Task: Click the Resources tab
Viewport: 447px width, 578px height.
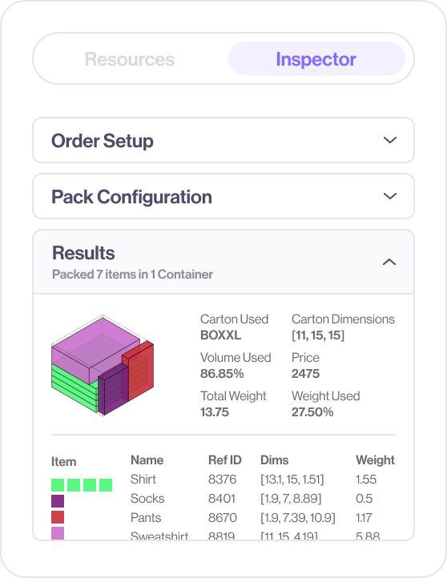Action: coord(129,59)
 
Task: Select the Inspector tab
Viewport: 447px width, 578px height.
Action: coord(316,59)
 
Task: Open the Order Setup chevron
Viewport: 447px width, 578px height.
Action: coord(390,141)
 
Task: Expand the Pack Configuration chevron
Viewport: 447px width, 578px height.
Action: coord(390,196)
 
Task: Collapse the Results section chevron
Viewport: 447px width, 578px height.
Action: coord(389,262)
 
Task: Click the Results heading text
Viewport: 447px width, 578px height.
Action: coord(83,253)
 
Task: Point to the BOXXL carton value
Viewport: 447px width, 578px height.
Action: coord(221,335)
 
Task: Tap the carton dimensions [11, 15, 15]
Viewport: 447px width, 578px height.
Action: coord(317,335)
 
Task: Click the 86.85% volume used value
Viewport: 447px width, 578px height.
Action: coord(222,374)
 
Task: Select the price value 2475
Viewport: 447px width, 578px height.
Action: coord(305,374)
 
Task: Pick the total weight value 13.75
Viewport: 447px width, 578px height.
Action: coord(215,412)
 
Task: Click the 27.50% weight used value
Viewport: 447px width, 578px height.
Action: coord(312,412)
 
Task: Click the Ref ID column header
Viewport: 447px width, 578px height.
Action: coord(224,460)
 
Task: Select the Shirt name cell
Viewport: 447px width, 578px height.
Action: coord(143,480)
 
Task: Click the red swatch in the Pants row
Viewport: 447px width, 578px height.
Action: coord(58,518)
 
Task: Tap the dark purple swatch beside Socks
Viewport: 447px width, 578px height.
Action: coord(58,500)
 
